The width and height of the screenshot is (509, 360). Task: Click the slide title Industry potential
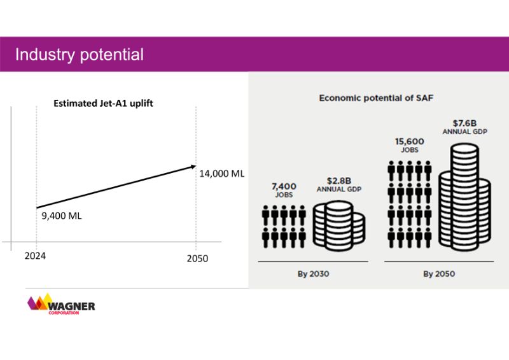coord(80,54)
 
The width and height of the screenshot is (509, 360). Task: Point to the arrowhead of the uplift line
coord(194,166)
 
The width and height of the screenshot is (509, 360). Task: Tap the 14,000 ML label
coord(222,174)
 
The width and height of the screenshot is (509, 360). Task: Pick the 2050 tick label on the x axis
coord(197,259)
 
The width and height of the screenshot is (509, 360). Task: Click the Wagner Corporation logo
coord(61,304)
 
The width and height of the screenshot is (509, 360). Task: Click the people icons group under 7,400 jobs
coord(283,226)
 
